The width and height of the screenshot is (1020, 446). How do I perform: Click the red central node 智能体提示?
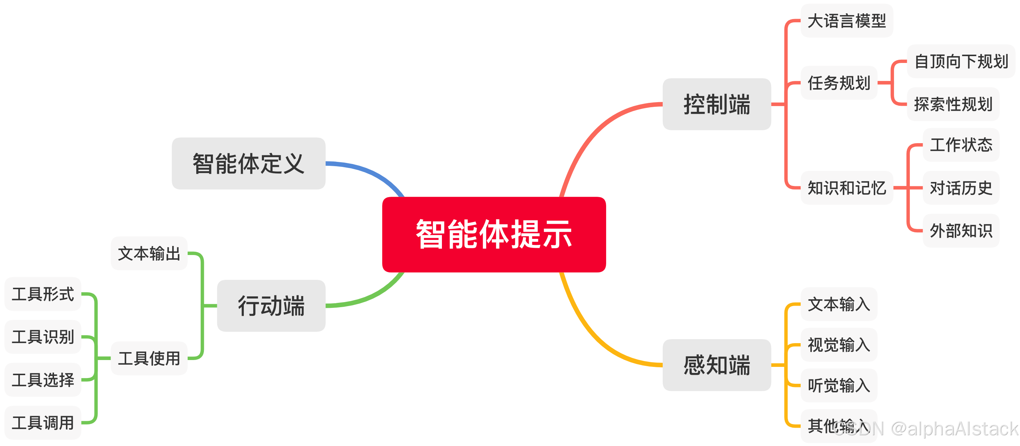click(493, 234)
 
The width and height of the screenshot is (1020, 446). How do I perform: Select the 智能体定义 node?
click(248, 163)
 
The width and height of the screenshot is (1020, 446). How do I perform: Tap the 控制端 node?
click(716, 104)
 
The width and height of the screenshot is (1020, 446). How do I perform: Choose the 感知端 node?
click(716, 365)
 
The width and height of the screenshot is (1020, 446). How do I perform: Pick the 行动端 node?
click(271, 306)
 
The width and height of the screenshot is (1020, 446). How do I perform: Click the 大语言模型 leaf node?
click(846, 21)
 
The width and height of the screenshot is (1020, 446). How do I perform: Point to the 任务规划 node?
click(838, 83)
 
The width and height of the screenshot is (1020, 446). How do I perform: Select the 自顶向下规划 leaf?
click(961, 61)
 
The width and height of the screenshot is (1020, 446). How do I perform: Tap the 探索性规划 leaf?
click(953, 104)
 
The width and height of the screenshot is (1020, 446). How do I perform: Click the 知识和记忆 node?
click(846, 188)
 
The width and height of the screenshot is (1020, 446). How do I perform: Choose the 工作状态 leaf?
click(961, 145)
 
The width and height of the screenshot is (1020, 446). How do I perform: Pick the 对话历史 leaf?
click(961, 188)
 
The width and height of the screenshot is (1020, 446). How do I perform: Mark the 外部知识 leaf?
click(961, 231)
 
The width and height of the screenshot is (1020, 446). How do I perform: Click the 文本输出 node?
click(149, 253)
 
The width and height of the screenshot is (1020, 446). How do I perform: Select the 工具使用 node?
click(149, 358)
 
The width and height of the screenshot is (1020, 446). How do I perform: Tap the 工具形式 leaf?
click(43, 294)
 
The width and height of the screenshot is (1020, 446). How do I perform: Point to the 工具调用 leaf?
click(43, 422)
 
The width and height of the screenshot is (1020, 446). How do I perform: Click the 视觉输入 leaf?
click(838, 344)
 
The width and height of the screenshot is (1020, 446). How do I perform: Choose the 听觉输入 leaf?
click(838, 385)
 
